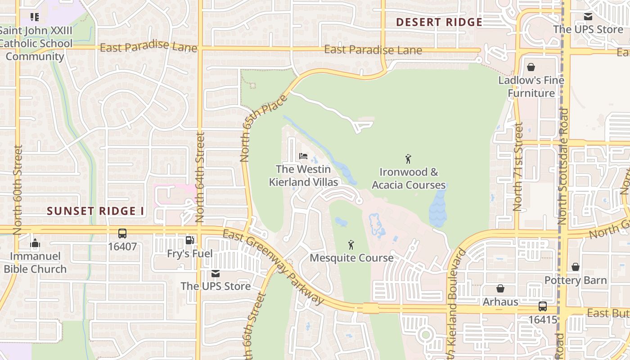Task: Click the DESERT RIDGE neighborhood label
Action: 439,22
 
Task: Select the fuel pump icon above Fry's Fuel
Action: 190,240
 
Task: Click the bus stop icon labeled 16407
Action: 122,234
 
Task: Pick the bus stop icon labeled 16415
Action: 543,306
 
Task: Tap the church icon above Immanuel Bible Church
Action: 35,244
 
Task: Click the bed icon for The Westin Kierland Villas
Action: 303,156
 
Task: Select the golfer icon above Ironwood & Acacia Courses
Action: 408,159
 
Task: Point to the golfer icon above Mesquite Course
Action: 351,245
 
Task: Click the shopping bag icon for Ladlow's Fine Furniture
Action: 531,67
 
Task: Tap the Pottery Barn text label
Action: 576,280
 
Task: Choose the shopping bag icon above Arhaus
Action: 500,288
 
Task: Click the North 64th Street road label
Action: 200,177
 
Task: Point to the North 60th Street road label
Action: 18,189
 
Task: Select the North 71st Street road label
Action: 518,167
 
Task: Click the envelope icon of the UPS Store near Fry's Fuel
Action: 216,274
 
